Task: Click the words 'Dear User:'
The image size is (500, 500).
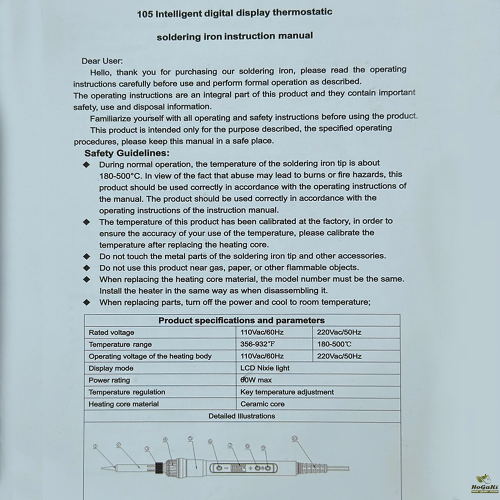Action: point(102,61)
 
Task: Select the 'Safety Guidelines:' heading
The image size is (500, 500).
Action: point(127,153)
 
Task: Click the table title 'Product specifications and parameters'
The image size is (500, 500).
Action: point(241,320)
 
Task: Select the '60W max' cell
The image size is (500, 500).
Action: point(256,380)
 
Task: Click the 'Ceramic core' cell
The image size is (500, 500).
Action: point(262,404)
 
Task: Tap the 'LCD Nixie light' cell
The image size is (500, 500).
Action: point(265,368)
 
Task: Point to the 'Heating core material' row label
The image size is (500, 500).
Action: point(123,404)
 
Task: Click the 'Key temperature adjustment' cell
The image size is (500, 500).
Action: point(287,392)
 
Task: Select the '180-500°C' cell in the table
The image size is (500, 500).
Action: point(334,344)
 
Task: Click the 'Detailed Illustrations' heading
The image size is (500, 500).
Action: point(241,416)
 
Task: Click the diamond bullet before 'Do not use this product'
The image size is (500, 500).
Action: point(87,268)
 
